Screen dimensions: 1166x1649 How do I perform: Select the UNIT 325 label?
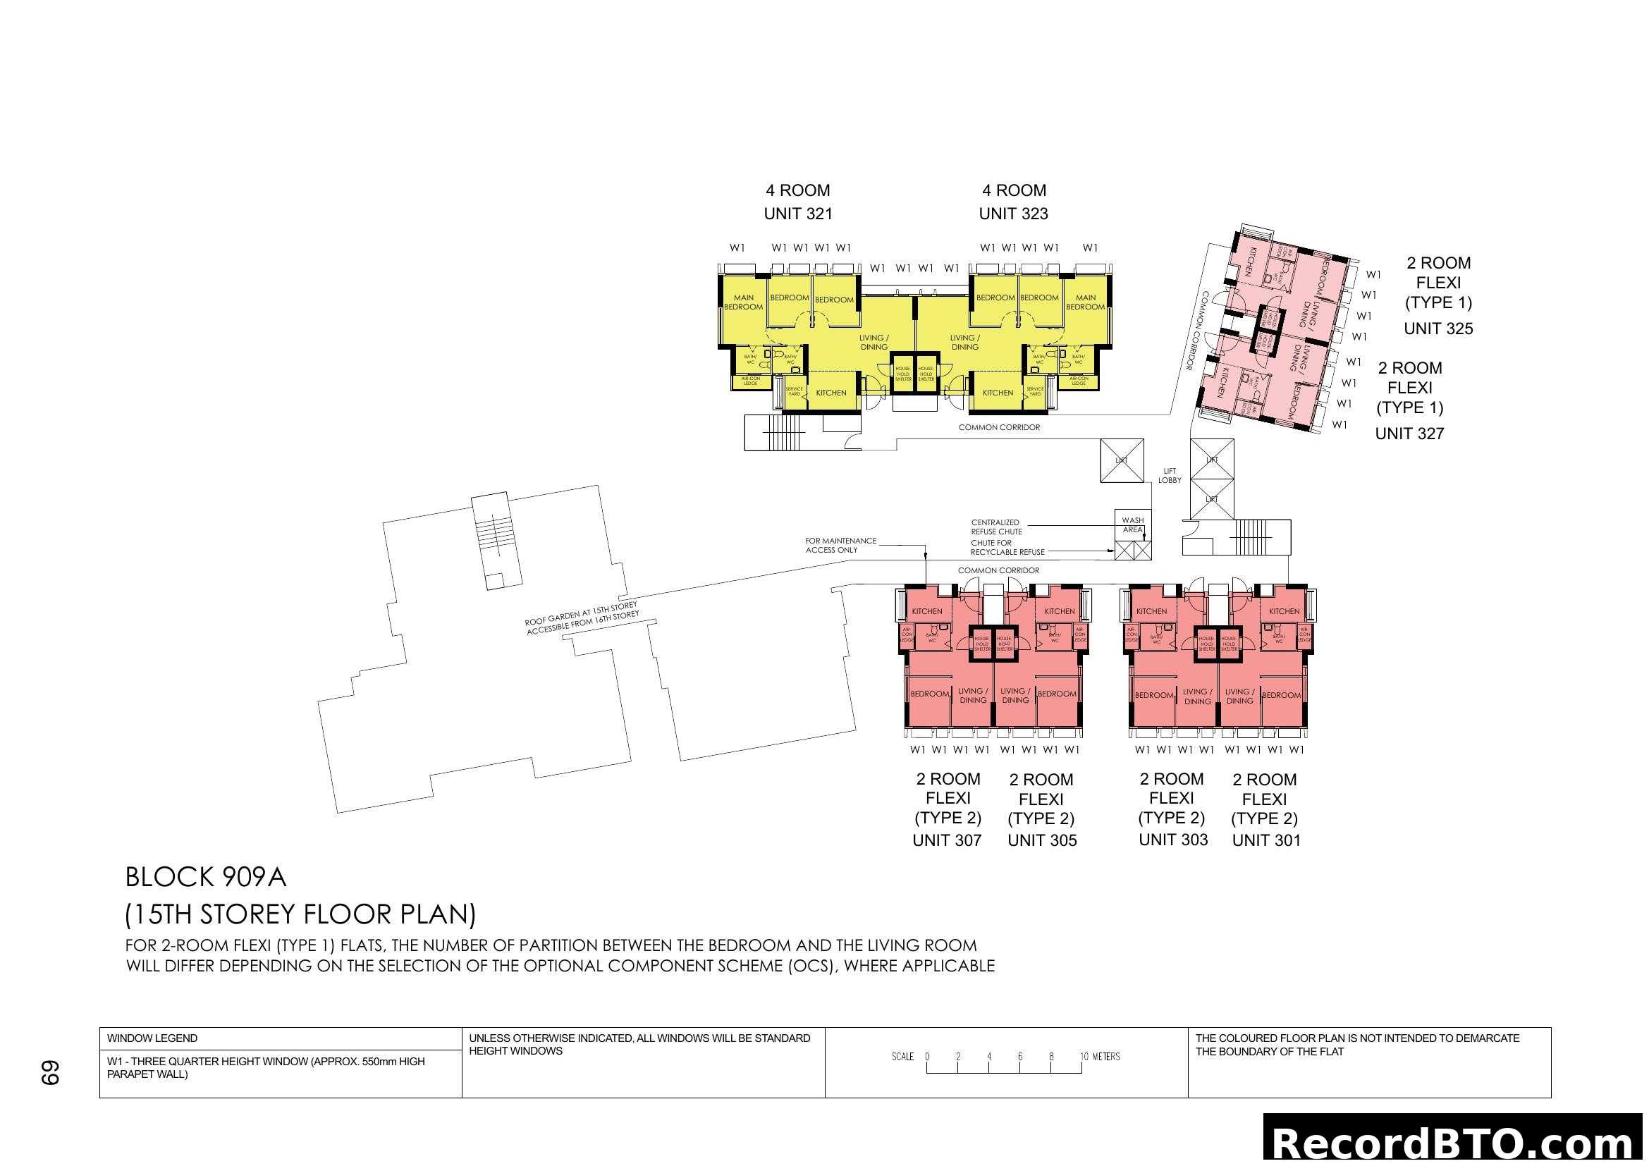pyautogui.click(x=1437, y=329)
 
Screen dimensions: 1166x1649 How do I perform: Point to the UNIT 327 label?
pyautogui.click(x=1409, y=434)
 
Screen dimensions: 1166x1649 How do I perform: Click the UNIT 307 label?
pyautogui.click(x=947, y=840)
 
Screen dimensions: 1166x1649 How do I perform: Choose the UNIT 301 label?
pyautogui.click(x=1266, y=840)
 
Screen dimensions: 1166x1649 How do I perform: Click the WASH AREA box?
pyautogui.click(x=1133, y=525)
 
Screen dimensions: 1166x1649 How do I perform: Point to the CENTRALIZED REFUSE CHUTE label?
pyautogui.click(x=996, y=527)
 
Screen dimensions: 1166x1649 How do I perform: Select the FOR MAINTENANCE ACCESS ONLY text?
pyautogui.click(x=840, y=545)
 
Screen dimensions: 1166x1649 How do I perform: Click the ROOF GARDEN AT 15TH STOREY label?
pyautogui.click(x=581, y=618)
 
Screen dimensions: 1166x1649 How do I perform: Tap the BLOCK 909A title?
pyautogui.click(x=205, y=878)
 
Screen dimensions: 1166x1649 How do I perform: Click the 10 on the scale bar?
pyautogui.click(x=1084, y=1056)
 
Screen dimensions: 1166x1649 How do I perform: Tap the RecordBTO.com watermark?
pyautogui.click(x=1455, y=1141)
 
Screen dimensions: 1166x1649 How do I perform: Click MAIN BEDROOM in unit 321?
pyautogui.click(x=743, y=302)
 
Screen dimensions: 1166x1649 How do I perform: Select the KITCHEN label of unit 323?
pyautogui.click(x=998, y=393)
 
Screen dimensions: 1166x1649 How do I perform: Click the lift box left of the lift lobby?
pyautogui.click(x=1121, y=460)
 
